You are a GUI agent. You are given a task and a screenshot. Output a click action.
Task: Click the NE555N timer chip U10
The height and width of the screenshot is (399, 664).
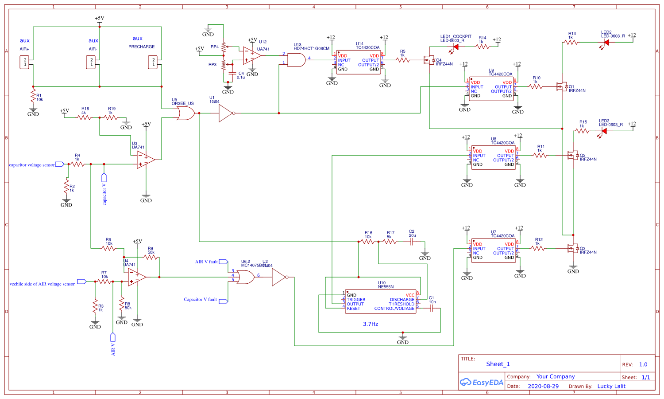pos(381,302)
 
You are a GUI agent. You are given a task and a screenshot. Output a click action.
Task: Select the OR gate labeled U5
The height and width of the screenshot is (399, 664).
pos(185,113)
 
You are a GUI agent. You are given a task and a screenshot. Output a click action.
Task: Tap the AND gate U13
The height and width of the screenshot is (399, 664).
pos(296,60)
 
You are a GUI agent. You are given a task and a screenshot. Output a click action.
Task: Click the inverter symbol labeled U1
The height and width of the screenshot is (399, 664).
pos(225,113)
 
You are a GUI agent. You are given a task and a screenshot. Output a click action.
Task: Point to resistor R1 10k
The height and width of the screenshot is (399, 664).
pos(33,95)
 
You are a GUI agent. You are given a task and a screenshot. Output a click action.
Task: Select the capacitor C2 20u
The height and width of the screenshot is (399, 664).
pos(412,242)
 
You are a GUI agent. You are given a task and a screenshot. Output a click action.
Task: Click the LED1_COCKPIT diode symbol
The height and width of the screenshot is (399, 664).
pos(456,47)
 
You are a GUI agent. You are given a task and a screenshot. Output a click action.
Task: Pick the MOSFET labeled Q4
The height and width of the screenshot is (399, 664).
pos(429,60)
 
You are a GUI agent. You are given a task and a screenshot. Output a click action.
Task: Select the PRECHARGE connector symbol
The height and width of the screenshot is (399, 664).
pos(153,62)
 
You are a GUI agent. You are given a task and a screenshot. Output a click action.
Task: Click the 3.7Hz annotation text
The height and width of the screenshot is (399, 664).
pos(371,324)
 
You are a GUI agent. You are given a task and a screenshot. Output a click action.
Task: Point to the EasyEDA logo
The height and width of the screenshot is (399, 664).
pos(482,382)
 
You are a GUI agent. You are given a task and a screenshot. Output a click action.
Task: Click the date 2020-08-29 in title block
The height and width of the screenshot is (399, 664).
pos(543,386)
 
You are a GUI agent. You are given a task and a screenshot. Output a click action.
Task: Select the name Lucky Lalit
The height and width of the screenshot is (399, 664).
pos(611,386)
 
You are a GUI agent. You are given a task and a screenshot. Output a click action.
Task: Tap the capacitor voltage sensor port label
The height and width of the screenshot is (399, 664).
pos(32,165)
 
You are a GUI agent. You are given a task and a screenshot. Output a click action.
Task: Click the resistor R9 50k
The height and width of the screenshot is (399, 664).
pos(151,257)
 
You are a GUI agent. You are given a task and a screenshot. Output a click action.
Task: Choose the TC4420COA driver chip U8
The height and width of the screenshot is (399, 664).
pos(493,157)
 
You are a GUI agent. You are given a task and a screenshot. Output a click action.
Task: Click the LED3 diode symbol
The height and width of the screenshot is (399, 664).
pos(604,131)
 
